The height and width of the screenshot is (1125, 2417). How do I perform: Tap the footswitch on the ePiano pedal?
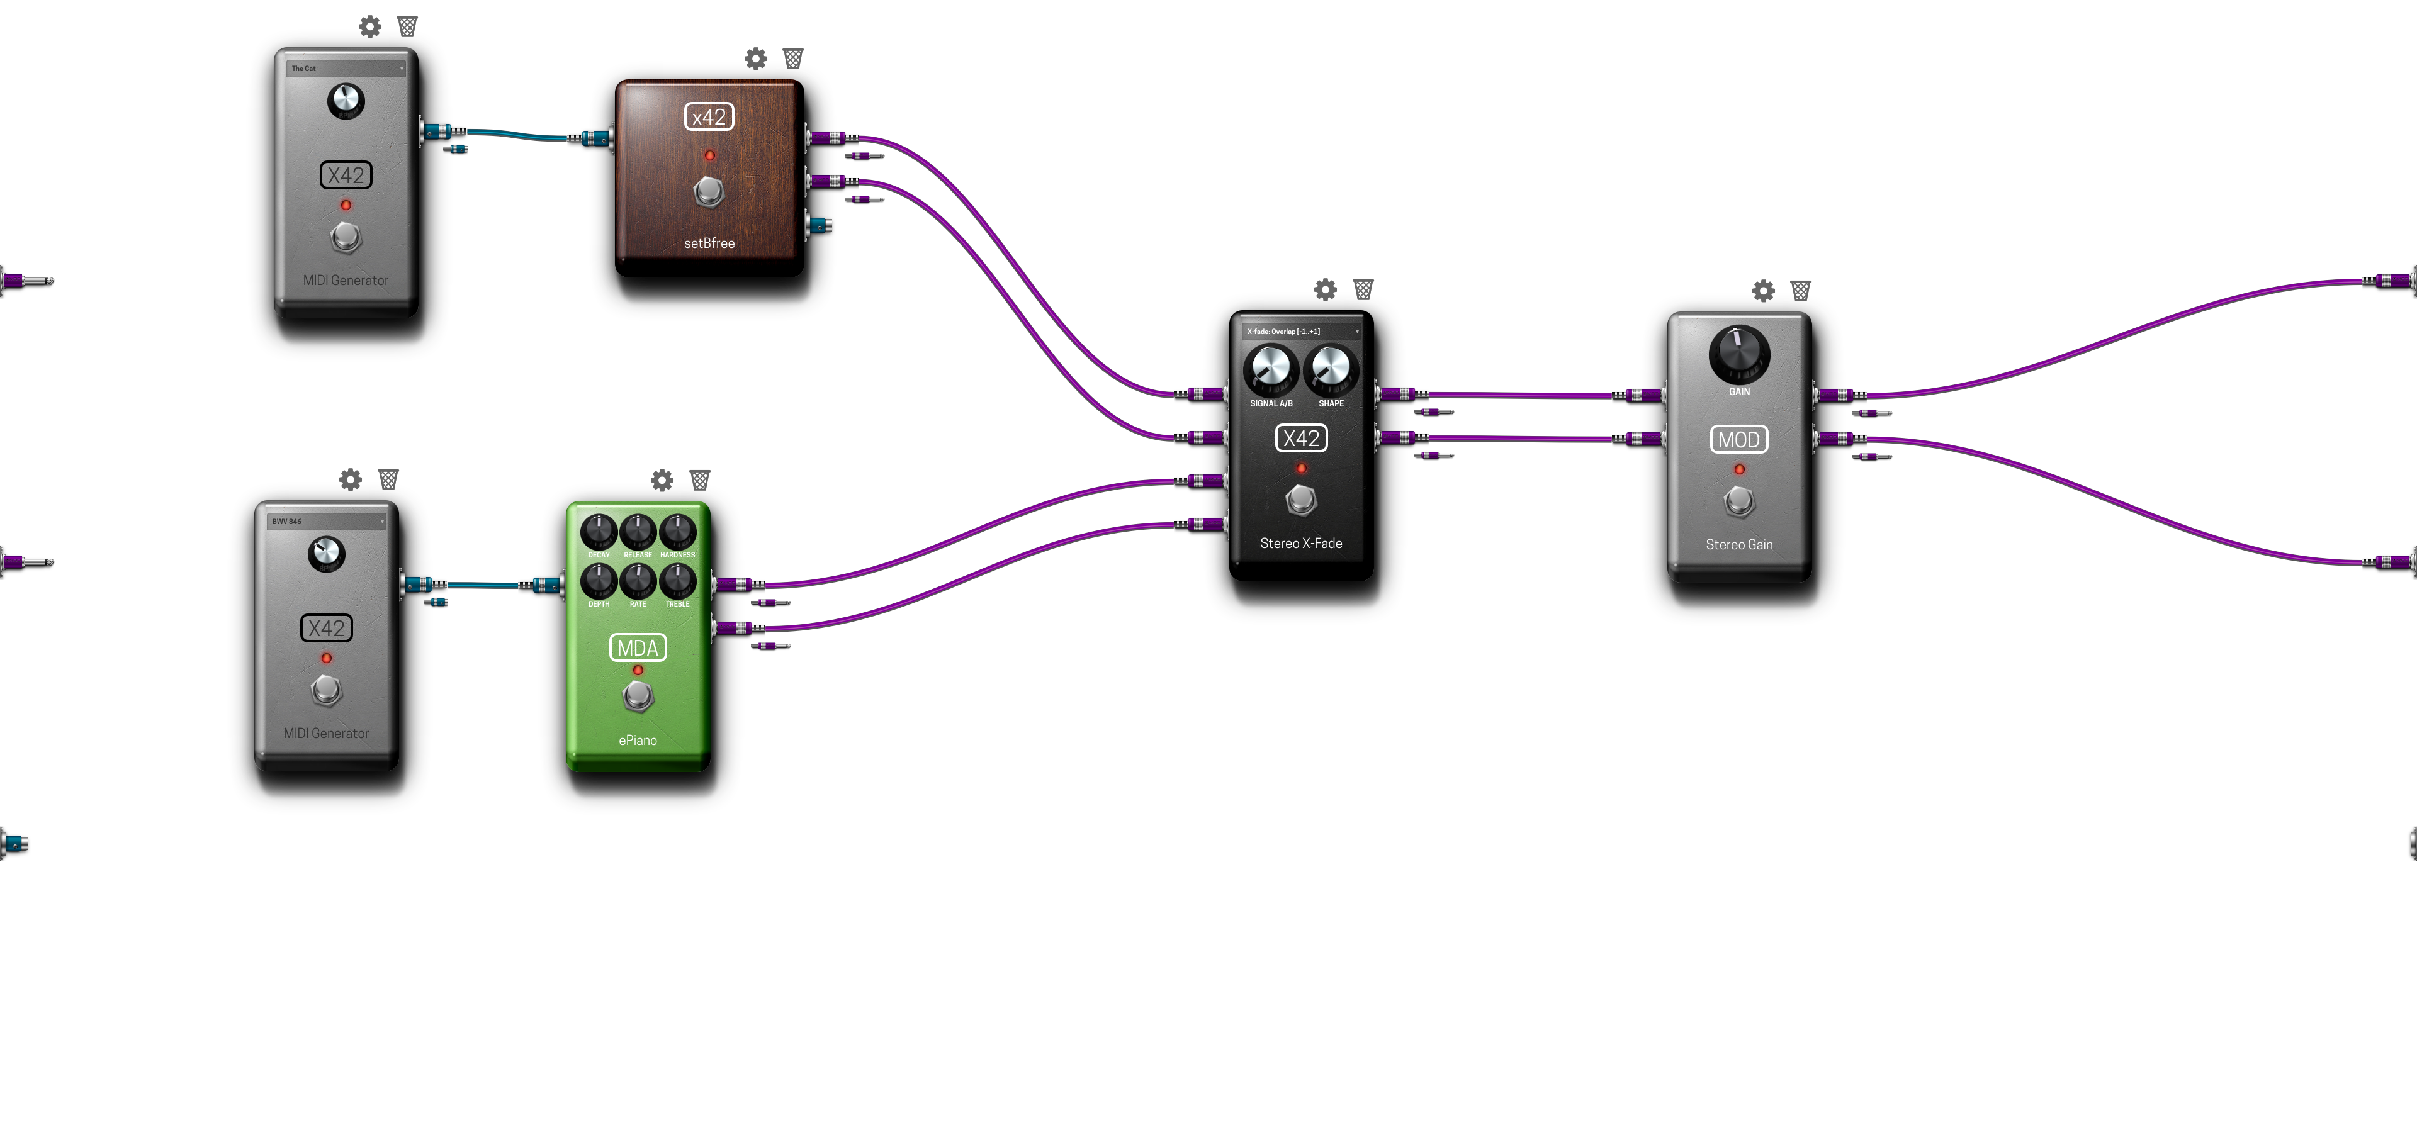[x=638, y=697]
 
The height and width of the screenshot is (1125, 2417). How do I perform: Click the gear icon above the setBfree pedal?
[x=755, y=59]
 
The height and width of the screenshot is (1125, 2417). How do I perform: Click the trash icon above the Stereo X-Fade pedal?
[x=1363, y=290]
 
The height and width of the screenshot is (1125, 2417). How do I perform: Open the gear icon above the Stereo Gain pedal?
[x=1763, y=291]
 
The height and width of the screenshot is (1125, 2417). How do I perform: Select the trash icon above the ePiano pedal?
[x=700, y=481]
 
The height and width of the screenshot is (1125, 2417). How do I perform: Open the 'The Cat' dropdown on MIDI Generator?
[x=346, y=69]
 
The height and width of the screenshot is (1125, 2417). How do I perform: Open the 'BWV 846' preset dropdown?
[x=327, y=522]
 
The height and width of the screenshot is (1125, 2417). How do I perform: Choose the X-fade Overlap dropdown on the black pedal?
[x=1302, y=331]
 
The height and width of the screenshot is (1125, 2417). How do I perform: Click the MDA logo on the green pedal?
[x=638, y=648]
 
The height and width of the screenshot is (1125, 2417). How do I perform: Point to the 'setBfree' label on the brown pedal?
[x=709, y=243]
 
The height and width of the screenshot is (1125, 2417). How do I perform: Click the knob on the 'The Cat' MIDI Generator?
[x=346, y=101]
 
